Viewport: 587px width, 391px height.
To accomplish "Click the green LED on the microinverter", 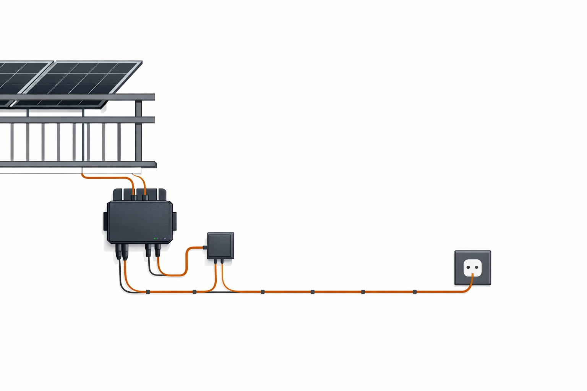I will click(x=155, y=238).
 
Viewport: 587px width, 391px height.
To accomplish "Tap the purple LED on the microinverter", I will click(x=165, y=239).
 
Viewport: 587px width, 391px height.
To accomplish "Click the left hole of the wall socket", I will click(x=469, y=267).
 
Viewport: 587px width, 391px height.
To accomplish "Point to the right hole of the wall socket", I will click(x=477, y=267).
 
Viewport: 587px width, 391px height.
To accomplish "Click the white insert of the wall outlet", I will click(x=472, y=268).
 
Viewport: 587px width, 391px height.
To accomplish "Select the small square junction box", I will click(x=221, y=246).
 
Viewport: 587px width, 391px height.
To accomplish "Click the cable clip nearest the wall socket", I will click(x=415, y=292).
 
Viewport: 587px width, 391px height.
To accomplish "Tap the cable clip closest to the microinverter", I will click(x=148, y=292).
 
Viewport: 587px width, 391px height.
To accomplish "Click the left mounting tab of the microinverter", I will click(x=105, y=222).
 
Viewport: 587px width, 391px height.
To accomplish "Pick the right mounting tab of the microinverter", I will click(x=174, y=222).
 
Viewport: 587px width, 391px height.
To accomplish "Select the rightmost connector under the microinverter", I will click(x=157, y=250).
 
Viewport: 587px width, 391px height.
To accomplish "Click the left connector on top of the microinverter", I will click(x=133, y=197).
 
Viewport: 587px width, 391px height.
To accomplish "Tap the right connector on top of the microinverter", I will click(x=145, y=197).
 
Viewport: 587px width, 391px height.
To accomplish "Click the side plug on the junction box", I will click(x=205, y=247).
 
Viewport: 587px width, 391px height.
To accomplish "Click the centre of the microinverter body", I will click(x=139, y=222).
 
